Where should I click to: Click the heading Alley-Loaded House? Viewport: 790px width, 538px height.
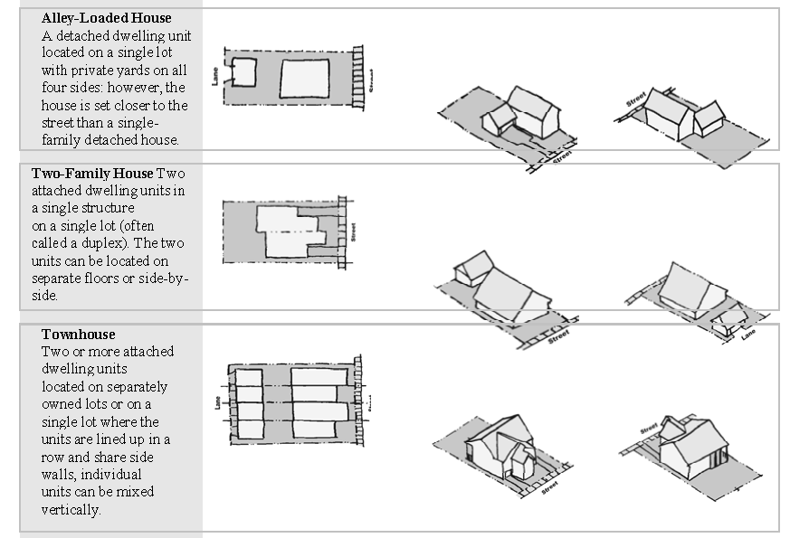pyautogui.click(x=106, y=18)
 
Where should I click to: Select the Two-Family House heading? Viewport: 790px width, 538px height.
pyautogui.click(x=92, y=174)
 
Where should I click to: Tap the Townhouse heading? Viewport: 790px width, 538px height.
pyautogui.click(x=79, y=335)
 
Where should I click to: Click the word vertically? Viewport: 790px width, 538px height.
pyautogui.click(x=71, y=510)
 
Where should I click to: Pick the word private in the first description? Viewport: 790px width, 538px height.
pyautogui.click(x=92, y=71)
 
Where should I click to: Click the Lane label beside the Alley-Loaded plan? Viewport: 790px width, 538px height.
pyautogui.click(x=215, y=77)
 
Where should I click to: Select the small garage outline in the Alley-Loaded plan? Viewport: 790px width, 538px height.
pyautogui.click(x=243, y=72)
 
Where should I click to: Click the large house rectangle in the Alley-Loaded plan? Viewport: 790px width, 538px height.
pyautogui.click(x=305, y=79)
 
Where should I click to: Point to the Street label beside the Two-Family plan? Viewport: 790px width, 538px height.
pyautogui.click(x=353, y=232)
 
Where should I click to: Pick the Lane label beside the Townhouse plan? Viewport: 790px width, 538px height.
pyautogui.click(x=218, y=402)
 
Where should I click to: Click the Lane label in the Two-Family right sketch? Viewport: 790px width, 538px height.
pyautogui.click(x=748, y=335)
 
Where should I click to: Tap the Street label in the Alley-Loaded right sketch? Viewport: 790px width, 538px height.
pyautogui.click(x=636, y=99)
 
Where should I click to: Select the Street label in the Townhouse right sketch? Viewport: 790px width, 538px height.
pyautogui.click(x=649, y=429)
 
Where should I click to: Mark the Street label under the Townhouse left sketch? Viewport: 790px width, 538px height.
pyautogui.click(x=550, y=487)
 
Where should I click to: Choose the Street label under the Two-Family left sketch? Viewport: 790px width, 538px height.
pyautogui.click(x=558, y=336)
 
